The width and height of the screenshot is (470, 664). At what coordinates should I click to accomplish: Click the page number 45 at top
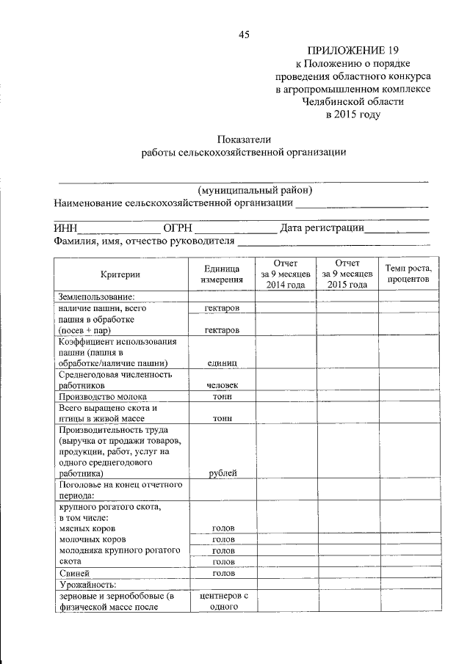point(244,34)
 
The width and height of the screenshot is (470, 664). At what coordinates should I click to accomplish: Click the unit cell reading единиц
point(222,363)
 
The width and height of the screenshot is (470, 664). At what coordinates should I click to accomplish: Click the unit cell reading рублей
point(222,473)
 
